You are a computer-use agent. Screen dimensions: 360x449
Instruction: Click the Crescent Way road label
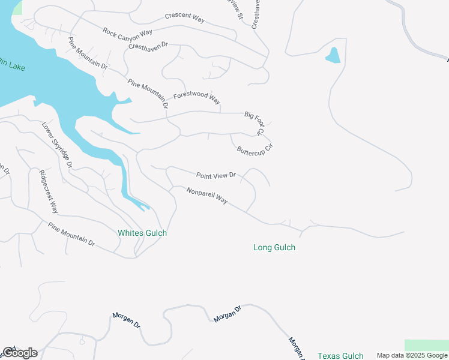(x=185, y=17)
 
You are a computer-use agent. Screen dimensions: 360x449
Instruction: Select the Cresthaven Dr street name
(x=149, y=45)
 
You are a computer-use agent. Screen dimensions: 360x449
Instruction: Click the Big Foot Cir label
(x=254, y=122)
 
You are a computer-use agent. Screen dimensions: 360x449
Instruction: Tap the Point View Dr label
(x=216, y=176)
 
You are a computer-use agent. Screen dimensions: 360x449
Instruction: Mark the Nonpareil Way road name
(x=207, y=196)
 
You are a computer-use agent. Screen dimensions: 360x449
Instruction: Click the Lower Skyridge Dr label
(x=57, y=145)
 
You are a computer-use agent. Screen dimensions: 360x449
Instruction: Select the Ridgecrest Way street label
(x=48, y=192)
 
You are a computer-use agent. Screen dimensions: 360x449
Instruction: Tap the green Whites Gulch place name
(x=142, y=233)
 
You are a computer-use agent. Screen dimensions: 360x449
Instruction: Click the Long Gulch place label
(x=274, y=247)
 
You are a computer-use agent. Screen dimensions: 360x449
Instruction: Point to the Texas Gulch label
(x=340, y=356)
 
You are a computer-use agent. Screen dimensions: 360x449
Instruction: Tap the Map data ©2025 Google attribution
(x=412, y=356)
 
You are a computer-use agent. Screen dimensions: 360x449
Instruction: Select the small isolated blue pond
(x=333, y=56)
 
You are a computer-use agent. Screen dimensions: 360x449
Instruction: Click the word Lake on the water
(x=17, y=67)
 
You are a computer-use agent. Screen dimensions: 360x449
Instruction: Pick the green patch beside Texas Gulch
(x=426, y=345)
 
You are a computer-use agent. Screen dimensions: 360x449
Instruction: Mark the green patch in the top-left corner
(x=17, y=7)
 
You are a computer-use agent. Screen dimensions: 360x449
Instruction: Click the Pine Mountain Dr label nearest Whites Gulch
(x=71, y=235)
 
